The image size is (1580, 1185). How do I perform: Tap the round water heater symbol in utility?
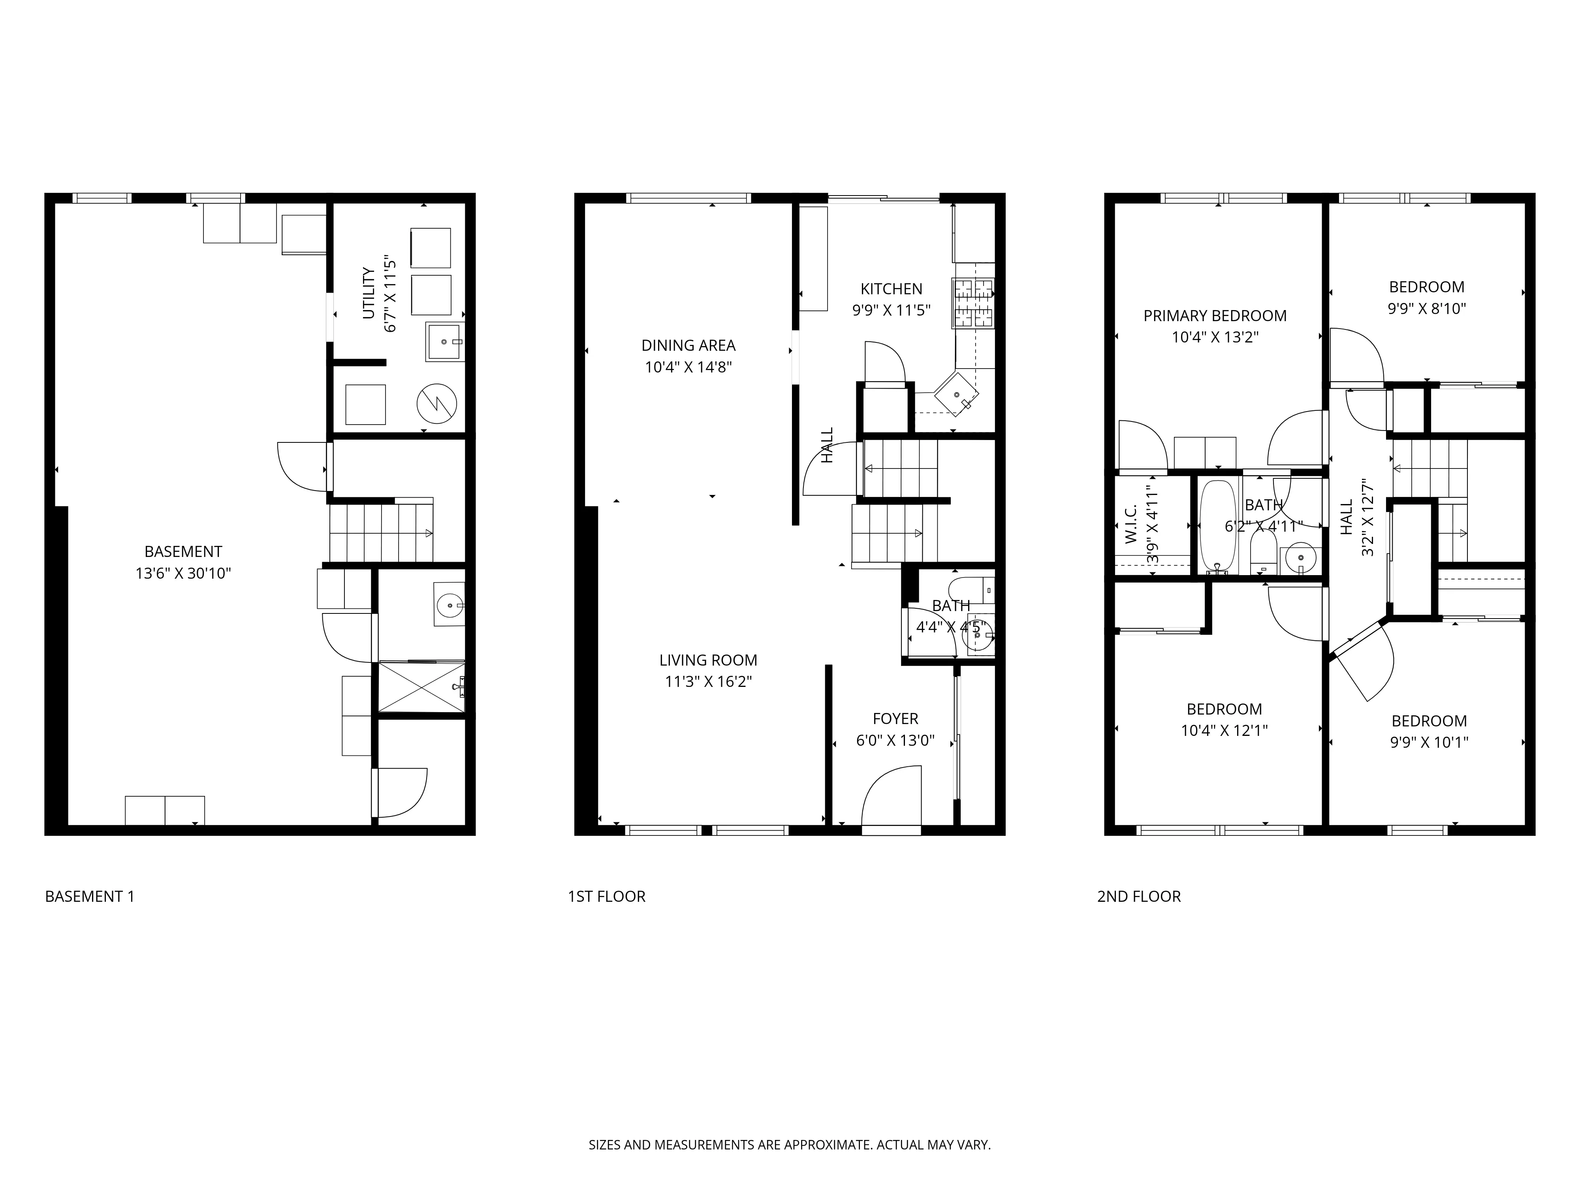tap(436, 404)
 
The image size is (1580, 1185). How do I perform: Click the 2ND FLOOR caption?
tap(1138, 896)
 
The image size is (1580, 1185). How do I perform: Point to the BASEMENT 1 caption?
tap(89, 896)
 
